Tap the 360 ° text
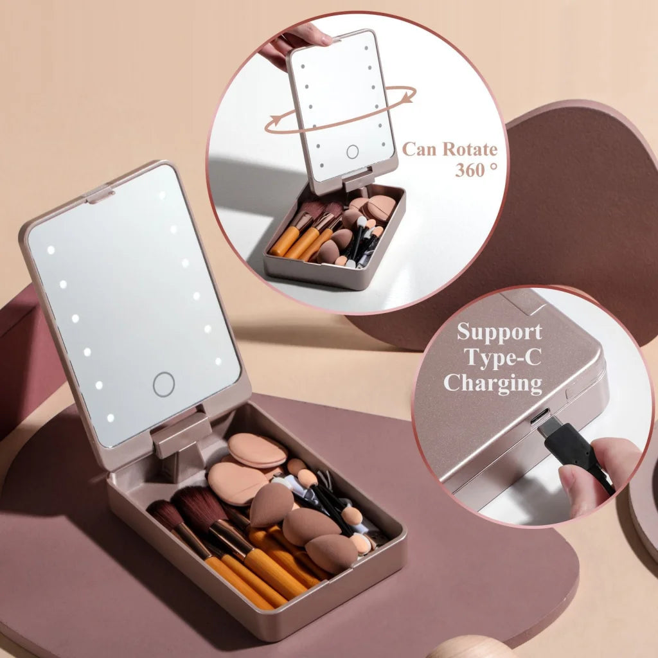coord(476,171)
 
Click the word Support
coord(499,332)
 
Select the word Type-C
coord(499,358)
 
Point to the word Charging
coord(493,383)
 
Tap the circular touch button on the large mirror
coord(164,384)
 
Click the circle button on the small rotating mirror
coord(352,152)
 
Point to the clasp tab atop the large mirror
coord(101,193)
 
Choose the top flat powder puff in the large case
coord(257,450)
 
